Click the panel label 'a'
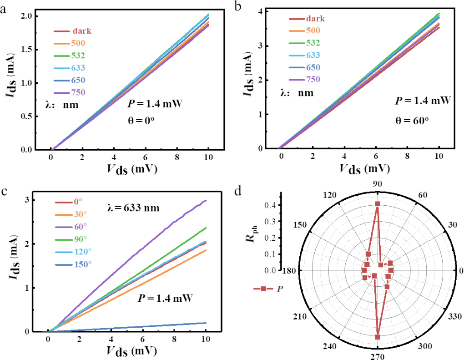tap(5, 8)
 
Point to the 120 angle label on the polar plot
tap(328, 195)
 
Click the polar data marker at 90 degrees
tap(378, 204)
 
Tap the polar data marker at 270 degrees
tap(378, 337)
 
